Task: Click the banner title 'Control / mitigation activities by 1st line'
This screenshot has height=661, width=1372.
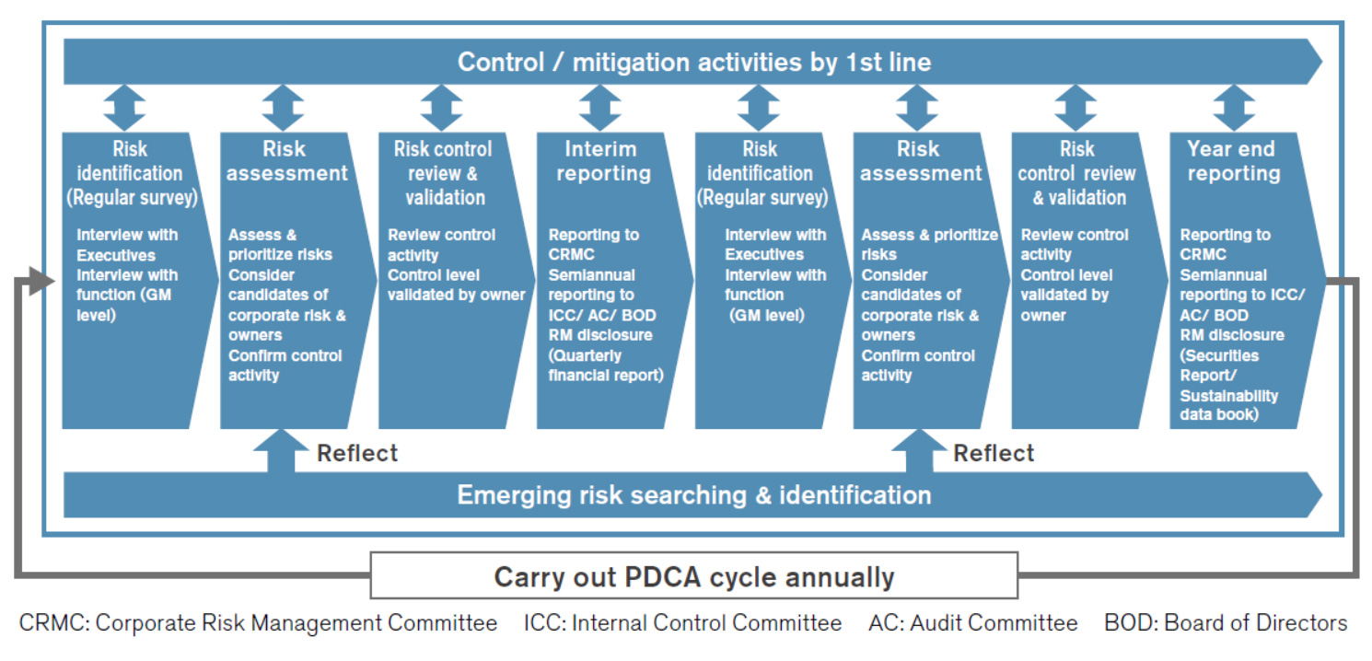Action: [x=694, y=63]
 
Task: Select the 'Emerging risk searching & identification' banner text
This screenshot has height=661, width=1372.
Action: [x=694, y=495]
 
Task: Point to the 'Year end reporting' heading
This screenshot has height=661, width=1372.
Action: [x=1232, y=161]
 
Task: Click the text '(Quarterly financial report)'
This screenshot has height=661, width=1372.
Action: [x=605, y=365]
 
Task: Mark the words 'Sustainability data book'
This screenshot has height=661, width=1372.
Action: [x=1228, y=405]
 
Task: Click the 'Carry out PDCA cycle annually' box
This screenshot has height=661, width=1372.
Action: [x=694, y=576]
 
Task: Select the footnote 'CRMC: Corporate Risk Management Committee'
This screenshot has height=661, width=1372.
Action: [x=258, y=623]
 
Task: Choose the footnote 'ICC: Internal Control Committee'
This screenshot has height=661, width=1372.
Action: [x=682, y=623]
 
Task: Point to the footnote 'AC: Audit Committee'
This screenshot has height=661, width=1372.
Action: [x=972, y=623]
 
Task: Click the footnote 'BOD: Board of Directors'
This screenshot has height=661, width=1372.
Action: [x=1225, y=623]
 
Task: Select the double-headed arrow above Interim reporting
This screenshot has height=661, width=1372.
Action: [x=599, y=108]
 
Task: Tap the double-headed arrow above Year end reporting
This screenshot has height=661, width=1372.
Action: [x=1233, y=108]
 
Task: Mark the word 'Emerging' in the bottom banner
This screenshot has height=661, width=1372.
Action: [x=509, y=495]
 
